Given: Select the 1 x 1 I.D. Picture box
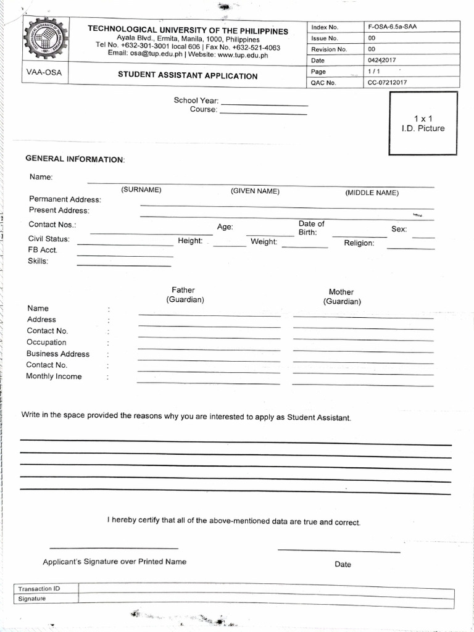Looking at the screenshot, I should [x=423, y=123].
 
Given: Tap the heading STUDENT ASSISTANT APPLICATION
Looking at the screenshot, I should [x=188, y=76].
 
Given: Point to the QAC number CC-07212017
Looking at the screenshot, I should [x=388, y=82].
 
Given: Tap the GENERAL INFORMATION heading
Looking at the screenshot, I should [x=74, y=159].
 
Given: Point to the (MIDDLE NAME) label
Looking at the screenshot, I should [x=372, y=193].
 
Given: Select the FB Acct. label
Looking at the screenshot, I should [x=43, y=250].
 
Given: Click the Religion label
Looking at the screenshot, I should [x=359, y=243].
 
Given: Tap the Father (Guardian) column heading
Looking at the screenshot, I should [x=184, y=294].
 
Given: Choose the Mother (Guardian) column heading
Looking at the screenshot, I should [x=342, y=297].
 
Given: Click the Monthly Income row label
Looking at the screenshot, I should [x=54, y=376].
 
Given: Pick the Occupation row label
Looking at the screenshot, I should [x=46, y=343].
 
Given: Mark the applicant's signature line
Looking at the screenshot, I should [x=114, y=547].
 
